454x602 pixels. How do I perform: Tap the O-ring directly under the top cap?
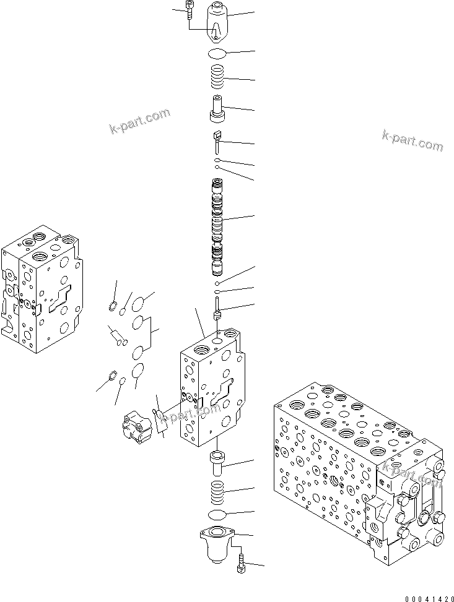(x=217, y=53)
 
